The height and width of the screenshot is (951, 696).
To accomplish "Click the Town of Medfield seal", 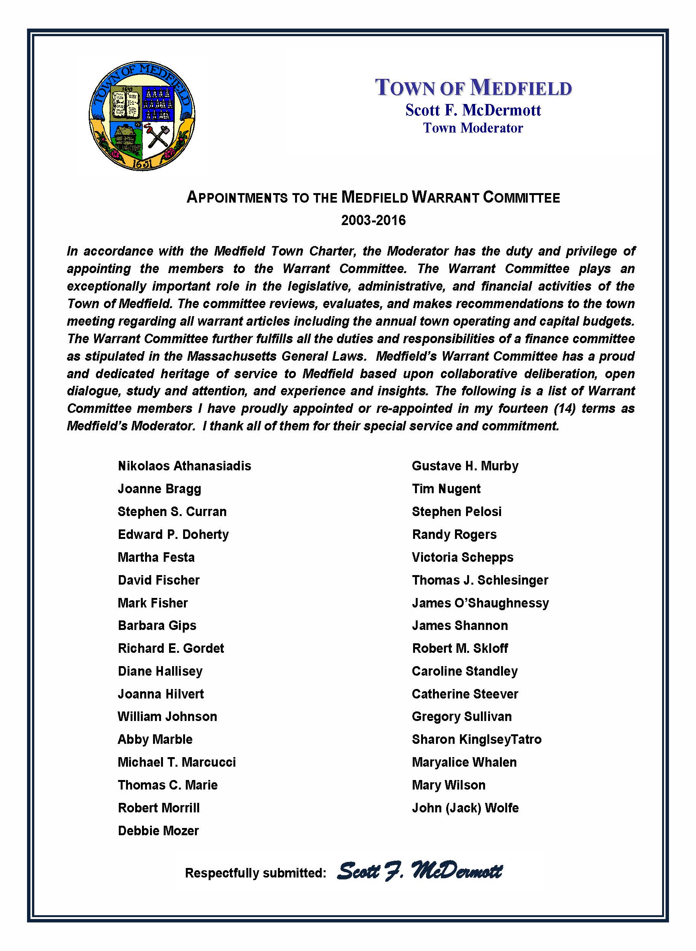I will tap(142, 115).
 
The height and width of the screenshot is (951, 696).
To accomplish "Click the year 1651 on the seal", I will tap(142, 163).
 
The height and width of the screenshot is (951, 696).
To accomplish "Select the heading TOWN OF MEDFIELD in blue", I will tap(473, 88).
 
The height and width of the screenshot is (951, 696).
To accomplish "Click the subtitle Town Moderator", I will tap(473, 128).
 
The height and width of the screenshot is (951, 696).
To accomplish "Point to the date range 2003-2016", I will tap(373, 220).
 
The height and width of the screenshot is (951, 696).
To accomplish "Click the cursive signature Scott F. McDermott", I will tap(420, 871).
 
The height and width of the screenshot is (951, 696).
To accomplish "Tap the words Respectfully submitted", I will tap(255, 873).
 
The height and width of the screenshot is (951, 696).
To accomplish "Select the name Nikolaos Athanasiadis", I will tap(185, 466).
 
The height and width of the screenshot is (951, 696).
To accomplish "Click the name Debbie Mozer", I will tap(158, 831).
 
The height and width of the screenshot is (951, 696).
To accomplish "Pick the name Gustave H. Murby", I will tap(465, 466).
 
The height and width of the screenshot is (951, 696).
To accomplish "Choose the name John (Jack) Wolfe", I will tap(465, 808).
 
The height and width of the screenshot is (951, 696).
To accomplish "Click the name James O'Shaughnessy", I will tap(480, 603).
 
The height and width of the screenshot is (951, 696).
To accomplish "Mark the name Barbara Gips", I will tap(157, 625).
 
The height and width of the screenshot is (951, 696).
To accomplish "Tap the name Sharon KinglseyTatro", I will tap(476, 739).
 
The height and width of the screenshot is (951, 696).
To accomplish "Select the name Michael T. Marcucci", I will tap(177, 762).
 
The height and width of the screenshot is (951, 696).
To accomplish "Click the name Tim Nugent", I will tap(446, 489).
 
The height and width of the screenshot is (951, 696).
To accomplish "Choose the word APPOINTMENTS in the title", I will tap(237, 197).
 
